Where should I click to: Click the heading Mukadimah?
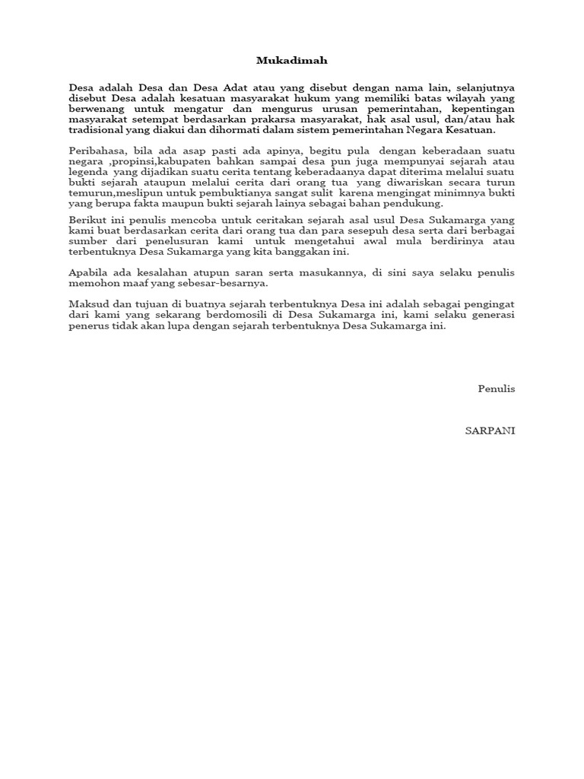(x=292, y=60)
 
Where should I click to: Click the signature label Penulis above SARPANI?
(x=497, y=389)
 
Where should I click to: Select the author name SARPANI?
(x=490, y=431)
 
